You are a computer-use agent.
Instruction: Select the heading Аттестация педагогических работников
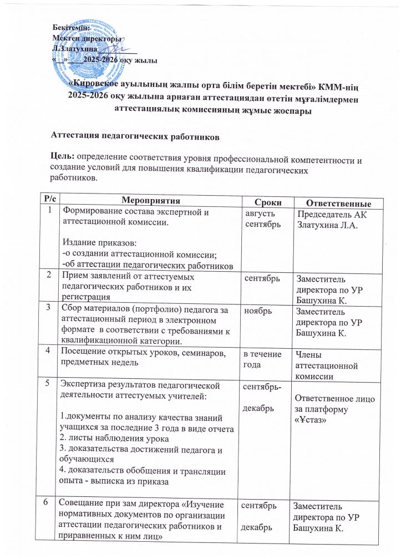[128, 135]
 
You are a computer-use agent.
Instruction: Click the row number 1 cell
[51, 210]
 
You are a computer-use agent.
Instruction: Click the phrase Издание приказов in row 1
[97, 242]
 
